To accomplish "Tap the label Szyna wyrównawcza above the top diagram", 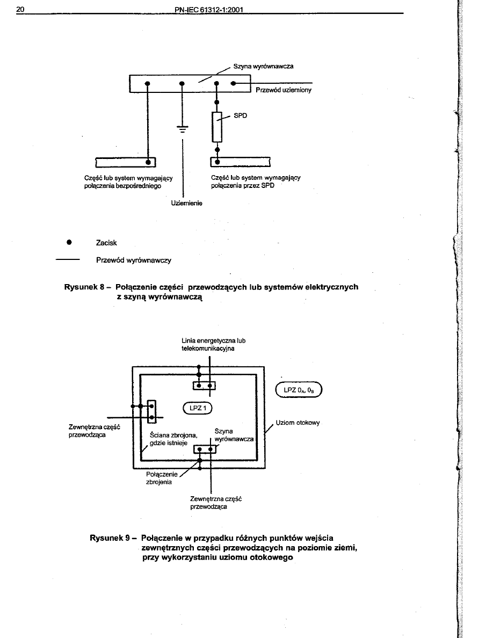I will coord(263,67).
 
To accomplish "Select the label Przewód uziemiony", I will coord(284,90).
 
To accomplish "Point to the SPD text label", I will coord(240,115).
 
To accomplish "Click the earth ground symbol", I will coord(183,129).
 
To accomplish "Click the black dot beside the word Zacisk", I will coord(69,242).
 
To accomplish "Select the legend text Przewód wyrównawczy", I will coord(134,260).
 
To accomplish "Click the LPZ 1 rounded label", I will coord(198,408).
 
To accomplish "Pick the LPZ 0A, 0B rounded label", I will coord(298,390).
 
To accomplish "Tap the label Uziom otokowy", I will coord(298,423).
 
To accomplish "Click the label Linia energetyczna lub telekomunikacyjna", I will coord(214,344).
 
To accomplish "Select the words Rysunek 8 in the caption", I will coord(82,287).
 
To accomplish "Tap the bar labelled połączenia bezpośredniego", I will coord(125,162).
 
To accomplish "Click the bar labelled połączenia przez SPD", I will coord(240,162).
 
